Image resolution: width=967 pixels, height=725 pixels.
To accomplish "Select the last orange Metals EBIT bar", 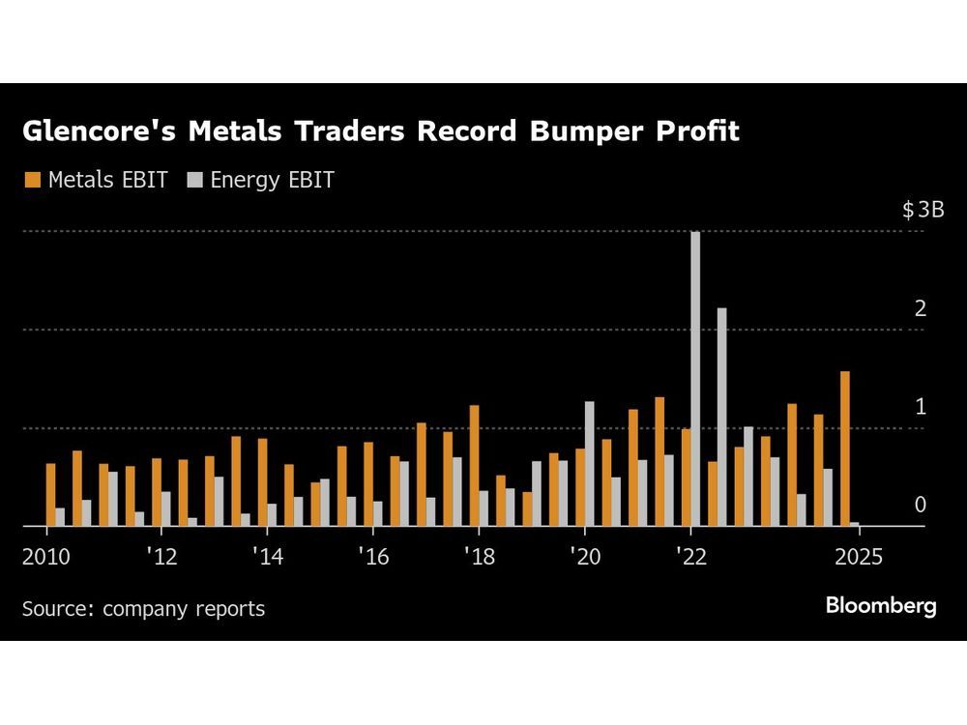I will pos(845,449).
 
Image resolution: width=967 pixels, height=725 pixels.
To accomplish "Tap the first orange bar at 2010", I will pos(51,495).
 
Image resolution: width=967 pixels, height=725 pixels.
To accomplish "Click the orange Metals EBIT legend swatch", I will pos(33,180).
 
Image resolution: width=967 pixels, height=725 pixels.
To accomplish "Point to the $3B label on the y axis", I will pos(923,210).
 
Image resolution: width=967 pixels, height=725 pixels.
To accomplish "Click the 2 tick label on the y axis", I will pos(921,308).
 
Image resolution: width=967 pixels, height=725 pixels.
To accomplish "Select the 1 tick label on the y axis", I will pos(921,407).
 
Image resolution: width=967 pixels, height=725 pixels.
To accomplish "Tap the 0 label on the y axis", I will pos(921,505).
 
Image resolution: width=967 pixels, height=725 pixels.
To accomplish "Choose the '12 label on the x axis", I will pos(161,558).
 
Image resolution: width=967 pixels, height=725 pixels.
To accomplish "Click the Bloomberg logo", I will pos(881,606).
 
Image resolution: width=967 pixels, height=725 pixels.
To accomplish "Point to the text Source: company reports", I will pos(143,609).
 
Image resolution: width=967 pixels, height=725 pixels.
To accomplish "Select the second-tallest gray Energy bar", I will pos(721,418).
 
